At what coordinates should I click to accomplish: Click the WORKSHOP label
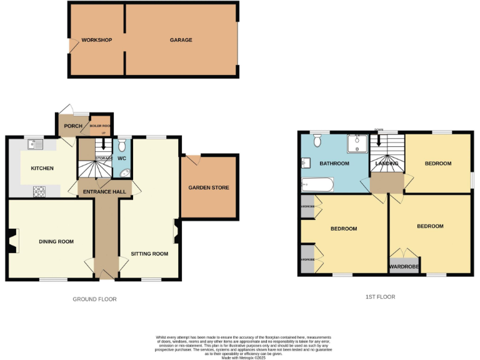pos(97,40)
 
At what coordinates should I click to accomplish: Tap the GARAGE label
pos(181,40)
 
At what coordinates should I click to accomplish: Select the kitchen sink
pos(34,146)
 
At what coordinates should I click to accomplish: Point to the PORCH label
pos(73,126)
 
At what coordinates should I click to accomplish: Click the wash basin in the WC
pos(124,174)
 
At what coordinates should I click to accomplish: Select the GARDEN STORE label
pos(209,187)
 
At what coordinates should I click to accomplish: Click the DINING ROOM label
pos(56,242)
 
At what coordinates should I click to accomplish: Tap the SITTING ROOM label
pos(149,254)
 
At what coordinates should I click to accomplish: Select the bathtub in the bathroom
pos(317,184)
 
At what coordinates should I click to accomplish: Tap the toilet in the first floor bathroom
pos(317,141)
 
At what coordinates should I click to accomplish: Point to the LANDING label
pos(387,164)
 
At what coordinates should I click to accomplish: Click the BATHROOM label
pos(334,164)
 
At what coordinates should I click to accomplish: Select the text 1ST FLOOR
pos(381,297)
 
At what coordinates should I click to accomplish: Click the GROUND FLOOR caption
pos(94,299)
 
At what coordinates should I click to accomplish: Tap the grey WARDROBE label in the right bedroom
pos(403,267)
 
